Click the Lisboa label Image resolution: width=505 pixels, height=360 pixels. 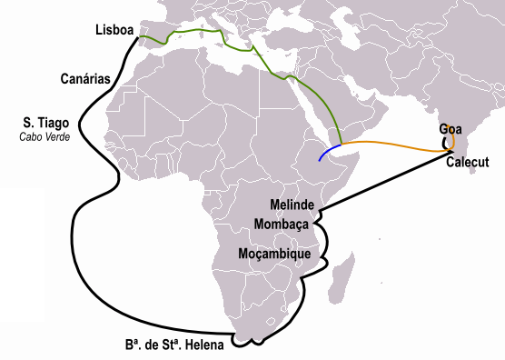(115, 31)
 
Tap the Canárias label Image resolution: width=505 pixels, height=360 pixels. (86, 79)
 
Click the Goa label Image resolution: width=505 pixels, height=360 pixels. (451, 129)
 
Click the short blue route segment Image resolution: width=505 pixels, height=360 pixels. (329, 151)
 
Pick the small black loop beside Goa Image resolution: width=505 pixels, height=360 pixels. (444, 141)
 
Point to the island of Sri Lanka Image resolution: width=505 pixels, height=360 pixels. (471, 180)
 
